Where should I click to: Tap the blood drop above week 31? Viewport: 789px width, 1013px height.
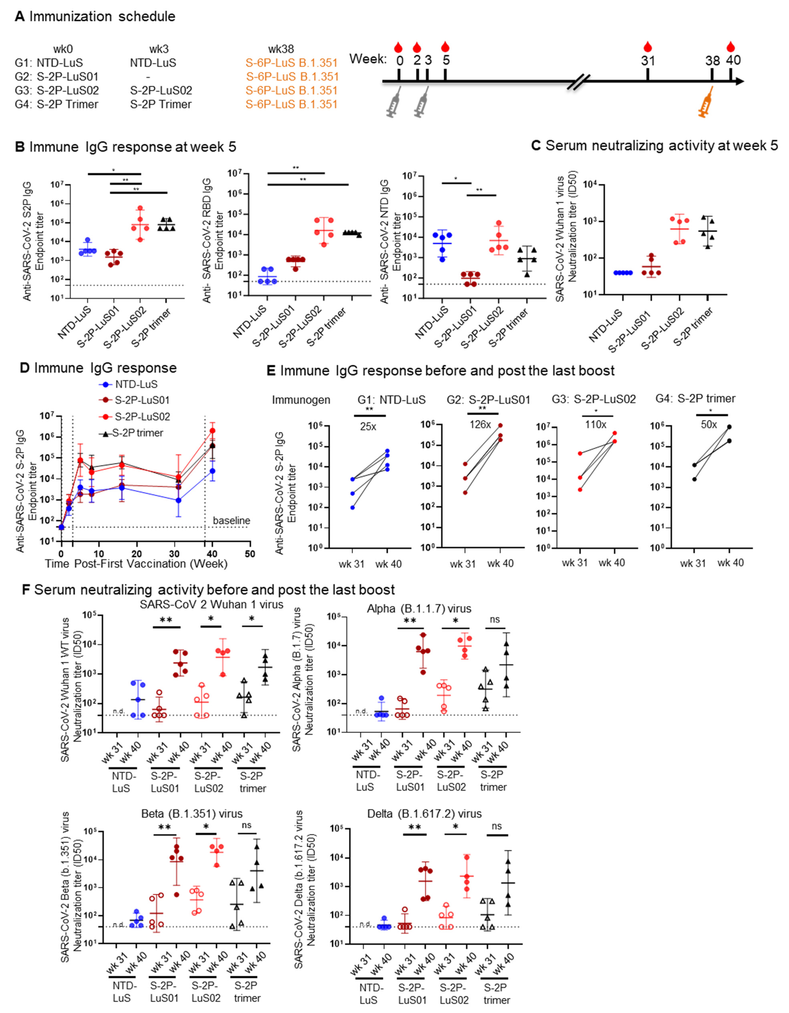pos(648,46)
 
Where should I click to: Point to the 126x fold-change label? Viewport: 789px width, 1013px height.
pos(480,424)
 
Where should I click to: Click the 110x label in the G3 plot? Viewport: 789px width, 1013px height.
pos(596,424)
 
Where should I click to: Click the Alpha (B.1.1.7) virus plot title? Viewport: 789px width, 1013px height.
pos(419,608)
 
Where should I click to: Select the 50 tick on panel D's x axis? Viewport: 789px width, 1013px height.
pos(250,554)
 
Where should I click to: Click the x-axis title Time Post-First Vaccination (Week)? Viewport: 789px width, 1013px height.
pos(136,564)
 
